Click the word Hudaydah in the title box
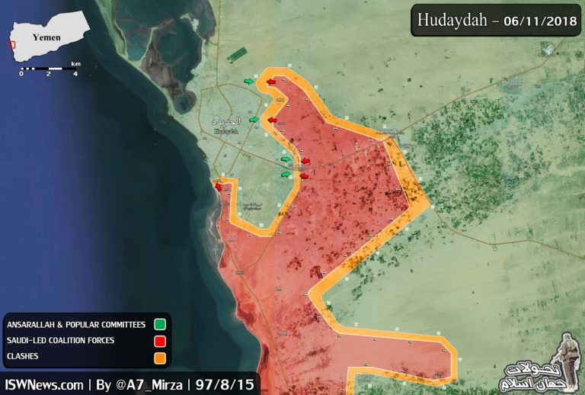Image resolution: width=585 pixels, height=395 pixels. point(452,20)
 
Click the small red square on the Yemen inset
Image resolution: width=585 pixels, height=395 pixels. point(11,44)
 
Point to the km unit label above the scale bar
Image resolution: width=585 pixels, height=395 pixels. point(75,63)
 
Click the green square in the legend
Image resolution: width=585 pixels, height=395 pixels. point(159,324)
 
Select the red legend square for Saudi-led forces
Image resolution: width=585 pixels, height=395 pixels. point(159,340)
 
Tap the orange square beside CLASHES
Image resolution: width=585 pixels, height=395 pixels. point(159,356)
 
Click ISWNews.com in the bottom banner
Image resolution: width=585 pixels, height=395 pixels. point(44,384)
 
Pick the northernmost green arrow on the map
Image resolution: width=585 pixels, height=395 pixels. point(249,80)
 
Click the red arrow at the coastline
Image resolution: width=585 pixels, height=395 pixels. point(219,186)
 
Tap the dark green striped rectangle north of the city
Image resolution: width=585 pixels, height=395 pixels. point(237,55)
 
